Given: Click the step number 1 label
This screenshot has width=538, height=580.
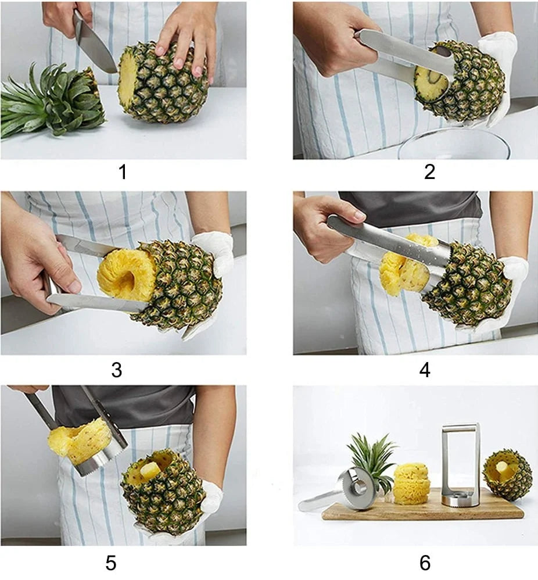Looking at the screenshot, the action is (123, 172).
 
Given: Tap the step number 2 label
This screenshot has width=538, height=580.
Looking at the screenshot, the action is (429, 172).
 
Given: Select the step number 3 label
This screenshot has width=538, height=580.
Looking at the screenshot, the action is (116, 370).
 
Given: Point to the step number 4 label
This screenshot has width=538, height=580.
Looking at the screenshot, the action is (425, 370).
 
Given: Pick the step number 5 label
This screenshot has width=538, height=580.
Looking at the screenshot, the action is (111, 563).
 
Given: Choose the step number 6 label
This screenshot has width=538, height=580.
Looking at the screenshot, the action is (425, 563).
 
